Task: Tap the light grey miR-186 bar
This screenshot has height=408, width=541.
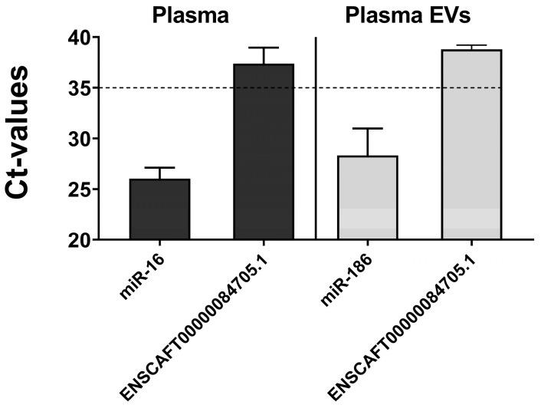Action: pos(368,197)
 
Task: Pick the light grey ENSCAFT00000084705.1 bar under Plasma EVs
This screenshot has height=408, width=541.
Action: pos(471,145)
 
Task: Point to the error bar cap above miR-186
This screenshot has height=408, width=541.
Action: pos(368,129)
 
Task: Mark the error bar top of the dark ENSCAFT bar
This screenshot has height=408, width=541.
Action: pos(264,48)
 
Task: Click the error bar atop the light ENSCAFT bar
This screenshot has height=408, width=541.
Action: pos(471,46)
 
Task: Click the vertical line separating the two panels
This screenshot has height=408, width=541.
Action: pos(316,138)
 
